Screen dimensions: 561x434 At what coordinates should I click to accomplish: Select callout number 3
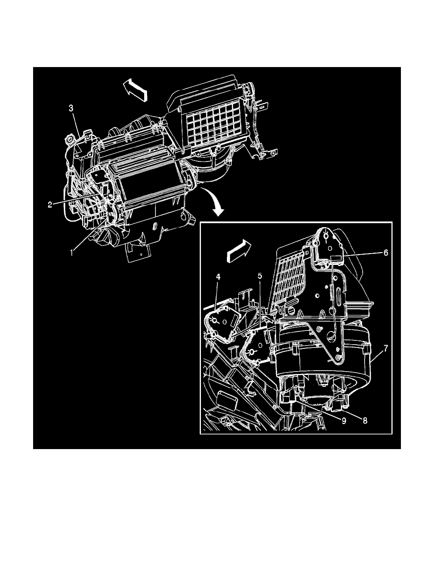coord(70,109)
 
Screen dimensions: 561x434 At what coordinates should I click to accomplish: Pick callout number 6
coord(386,253)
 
